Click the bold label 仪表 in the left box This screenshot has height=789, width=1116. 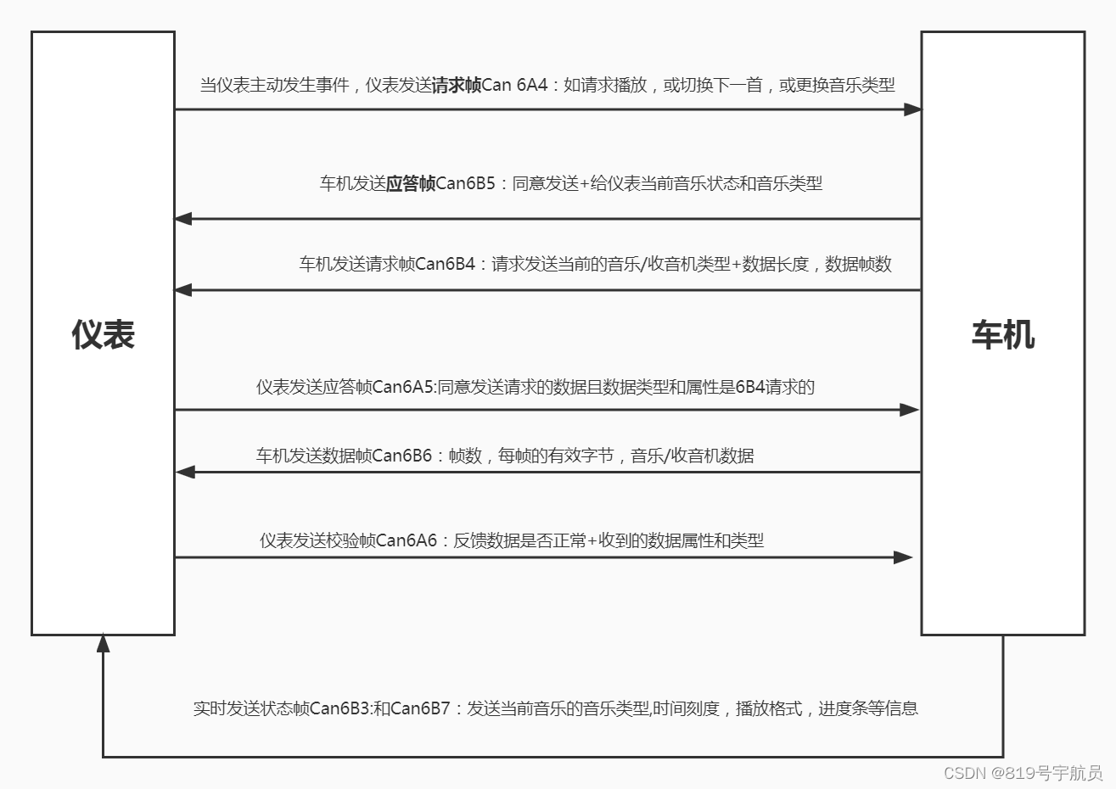click(x=104, y=335)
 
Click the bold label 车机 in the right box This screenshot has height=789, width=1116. click(x=1002, y=335)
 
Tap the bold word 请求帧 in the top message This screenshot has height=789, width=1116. click(x=457, y=85)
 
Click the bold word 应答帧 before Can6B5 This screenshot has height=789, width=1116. click(x=411, y=183)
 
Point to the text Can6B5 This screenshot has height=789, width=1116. click(x=465, y=183)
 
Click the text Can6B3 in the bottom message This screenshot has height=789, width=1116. click(x=339, y=708)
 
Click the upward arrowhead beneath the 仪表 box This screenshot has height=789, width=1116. click(x=104, y=643)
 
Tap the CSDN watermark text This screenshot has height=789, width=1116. click(x=1023, y=773)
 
